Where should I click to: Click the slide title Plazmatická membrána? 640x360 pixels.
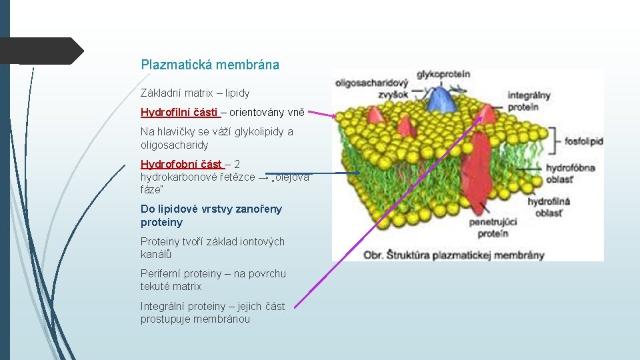(210, 65)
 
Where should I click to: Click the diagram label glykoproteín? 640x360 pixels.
(443, 75)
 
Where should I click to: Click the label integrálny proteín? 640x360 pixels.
(529, 101)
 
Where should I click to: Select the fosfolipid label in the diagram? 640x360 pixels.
(583, 141)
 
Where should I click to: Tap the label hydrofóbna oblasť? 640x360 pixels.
(570, 173)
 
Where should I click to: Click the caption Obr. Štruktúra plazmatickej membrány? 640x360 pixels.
(453, 255)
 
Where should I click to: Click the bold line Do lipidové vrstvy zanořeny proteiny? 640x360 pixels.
(211, 215)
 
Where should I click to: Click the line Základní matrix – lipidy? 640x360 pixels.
(195, 93)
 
